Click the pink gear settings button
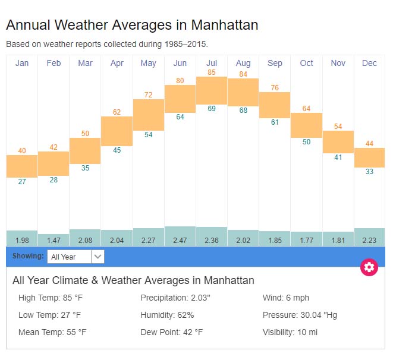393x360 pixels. [369, 267]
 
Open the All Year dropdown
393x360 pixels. [76, 257]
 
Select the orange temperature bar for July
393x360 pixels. [212, 90]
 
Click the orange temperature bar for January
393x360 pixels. [22, 166]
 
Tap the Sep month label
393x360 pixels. [275, 64]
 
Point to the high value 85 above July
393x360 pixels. [212, 72]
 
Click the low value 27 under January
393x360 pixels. [22, 182]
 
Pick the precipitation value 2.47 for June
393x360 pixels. [180, 240]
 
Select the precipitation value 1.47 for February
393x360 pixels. [54, 240]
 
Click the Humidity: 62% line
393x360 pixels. [167, 315]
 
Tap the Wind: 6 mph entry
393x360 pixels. [285, 298]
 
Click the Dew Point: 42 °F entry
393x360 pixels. [171, 332]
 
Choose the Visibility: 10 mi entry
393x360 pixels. [290, 332]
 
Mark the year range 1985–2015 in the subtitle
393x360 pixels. [186, 44]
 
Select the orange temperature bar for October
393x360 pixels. [306, 125]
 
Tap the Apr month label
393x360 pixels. [117, 64]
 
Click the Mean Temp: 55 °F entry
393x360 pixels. [52, 332]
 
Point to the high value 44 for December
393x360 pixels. [369, 144]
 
